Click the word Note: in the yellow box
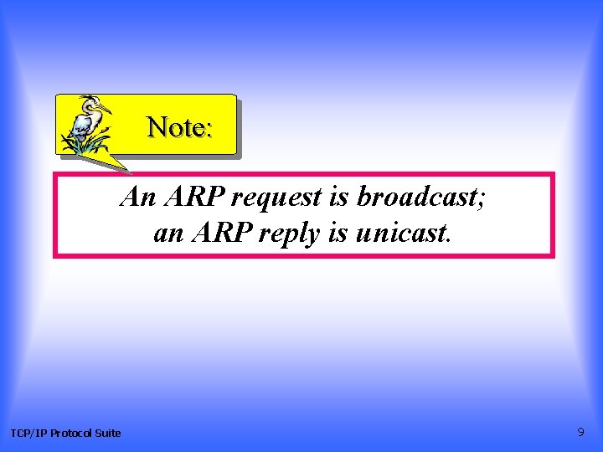click(180, 127)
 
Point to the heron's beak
click(104, 108)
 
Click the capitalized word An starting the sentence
click(138, 198)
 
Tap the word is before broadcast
click(339, 198)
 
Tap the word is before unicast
click(338, 234)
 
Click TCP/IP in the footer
click(28, 433)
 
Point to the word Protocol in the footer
click(71, 433)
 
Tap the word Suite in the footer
click(108, 433)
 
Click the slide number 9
click(580, 432)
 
